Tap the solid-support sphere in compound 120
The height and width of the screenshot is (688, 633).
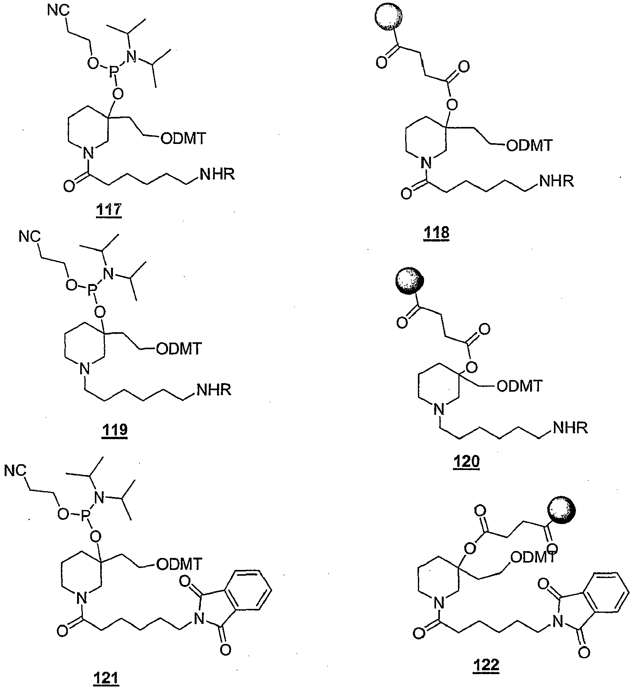point(408,281)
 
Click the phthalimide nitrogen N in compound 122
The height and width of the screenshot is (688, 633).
point(556,621)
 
